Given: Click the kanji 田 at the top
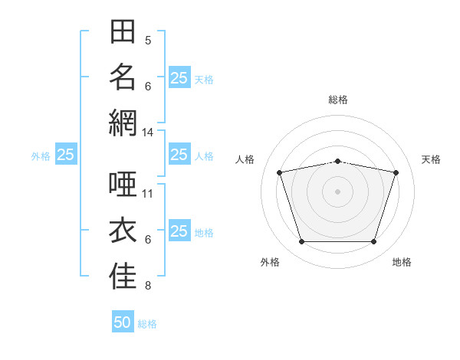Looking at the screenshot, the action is click(x=123, y=31).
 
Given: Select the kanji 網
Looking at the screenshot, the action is click(x=123, y=123).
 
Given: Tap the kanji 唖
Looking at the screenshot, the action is click(x=123, y=184).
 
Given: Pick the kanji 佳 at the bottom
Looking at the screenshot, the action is click(x=123, y=276).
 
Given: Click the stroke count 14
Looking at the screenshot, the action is click(x=147, y=133).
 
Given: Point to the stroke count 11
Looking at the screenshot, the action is click(x=147, y=194).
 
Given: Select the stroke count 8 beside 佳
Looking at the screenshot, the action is click(x=148, y=285).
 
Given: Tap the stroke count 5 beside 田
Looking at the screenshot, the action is click(x=148, y=40).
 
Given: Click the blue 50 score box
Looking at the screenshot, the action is click(x=123, y=321).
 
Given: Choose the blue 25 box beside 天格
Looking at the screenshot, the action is click(x=179, y=77).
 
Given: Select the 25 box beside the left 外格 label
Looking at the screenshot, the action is click(x=66, y=154).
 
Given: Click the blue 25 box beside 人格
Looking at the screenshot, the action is click(x=179, y=154).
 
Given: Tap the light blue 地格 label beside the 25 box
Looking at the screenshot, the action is click(x=204, y=233).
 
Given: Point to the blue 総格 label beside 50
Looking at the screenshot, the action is click(x=147, y=324).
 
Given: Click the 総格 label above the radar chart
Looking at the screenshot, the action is click(x=338, y=100).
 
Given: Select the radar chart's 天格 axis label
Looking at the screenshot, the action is click(x=431, y=159).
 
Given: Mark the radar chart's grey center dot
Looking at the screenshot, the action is click(x=337, y=191).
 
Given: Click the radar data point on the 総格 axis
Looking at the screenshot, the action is click(x=337, y=162).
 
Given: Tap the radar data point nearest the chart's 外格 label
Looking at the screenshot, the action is click(x=302, y=241).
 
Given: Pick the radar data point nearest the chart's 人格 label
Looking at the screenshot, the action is click(x=280, y=172).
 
